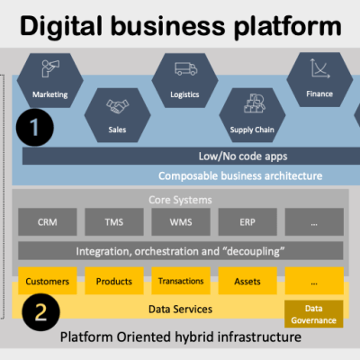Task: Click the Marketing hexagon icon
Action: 50,79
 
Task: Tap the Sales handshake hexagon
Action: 118,113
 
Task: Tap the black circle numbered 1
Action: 33,129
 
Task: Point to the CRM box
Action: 51,221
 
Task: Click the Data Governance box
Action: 314,312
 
